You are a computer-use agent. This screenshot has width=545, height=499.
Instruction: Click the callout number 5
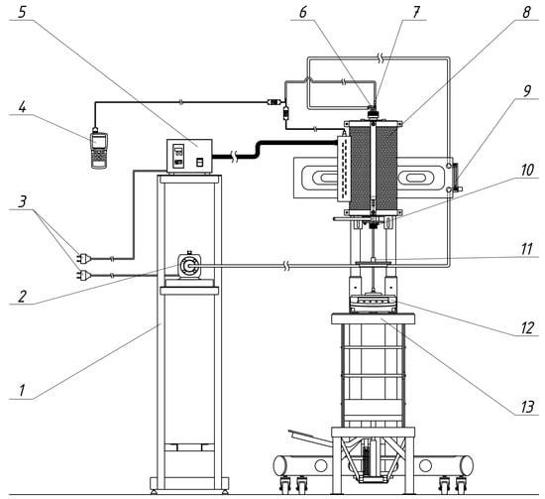(x=22, y=12)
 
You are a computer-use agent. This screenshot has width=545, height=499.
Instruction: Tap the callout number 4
(x=22, y=107)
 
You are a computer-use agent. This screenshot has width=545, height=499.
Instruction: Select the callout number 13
(x=527, y=407)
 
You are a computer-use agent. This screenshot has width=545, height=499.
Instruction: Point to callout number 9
(x=527, y=91)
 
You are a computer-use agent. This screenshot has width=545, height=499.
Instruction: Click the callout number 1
(x=22, y=391)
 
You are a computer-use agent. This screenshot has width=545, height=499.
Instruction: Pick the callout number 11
(x=527, y=249)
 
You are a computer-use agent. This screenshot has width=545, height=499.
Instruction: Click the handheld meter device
(x=99, y=151)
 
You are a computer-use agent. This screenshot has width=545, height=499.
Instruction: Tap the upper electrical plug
(x=83, y=259)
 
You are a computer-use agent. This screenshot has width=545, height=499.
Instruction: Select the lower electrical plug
(x=83, y=276)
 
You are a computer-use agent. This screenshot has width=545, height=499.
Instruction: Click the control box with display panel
(x=189, y=156)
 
